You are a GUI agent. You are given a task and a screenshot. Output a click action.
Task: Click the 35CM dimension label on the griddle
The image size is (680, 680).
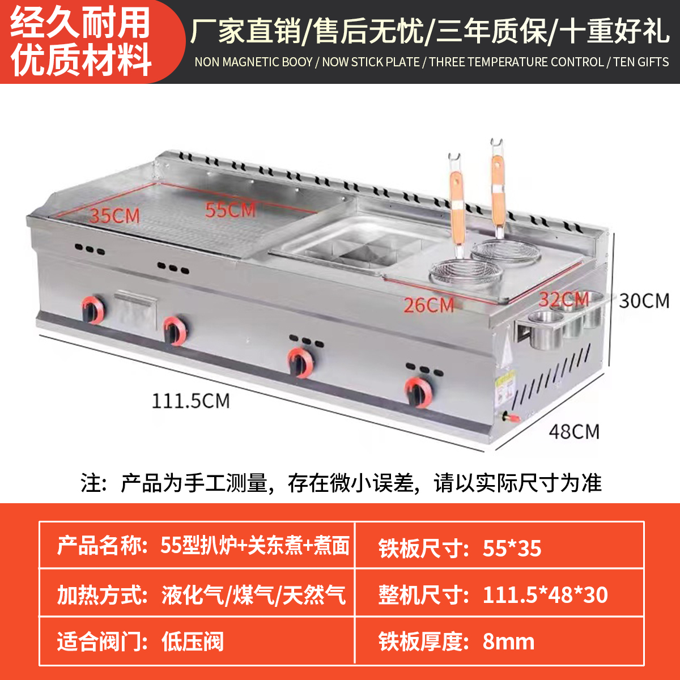(114, 216)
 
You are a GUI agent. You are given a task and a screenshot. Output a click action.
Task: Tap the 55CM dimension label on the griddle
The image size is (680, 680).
(231, 210)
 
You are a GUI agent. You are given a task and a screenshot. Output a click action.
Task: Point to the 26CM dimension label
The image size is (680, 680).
(429, 305)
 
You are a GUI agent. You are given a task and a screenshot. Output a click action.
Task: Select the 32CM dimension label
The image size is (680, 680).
(564, 299)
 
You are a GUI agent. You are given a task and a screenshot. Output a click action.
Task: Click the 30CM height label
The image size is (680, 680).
(644, 300)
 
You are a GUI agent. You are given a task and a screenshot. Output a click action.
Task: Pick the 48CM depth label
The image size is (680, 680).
(574, 432)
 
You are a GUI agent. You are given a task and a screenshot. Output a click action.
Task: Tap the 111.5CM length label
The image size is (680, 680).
(190, 401)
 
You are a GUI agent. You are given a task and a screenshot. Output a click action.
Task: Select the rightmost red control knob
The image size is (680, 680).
(419, 391)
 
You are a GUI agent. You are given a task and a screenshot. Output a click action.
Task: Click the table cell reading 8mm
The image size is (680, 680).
(508, 642)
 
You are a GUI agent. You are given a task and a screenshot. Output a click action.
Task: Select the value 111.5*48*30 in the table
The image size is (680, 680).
(545, 595)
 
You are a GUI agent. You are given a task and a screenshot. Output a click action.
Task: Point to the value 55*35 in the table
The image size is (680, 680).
(512, 548)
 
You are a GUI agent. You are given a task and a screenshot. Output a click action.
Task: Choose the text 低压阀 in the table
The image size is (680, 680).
(193, 642)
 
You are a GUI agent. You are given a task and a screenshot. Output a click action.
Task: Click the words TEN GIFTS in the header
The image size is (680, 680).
(641, 62)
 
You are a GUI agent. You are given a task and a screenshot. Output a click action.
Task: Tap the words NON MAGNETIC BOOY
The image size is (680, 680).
(253, 62)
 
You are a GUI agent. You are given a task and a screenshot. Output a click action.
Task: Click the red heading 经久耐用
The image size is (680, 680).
(80, 23)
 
